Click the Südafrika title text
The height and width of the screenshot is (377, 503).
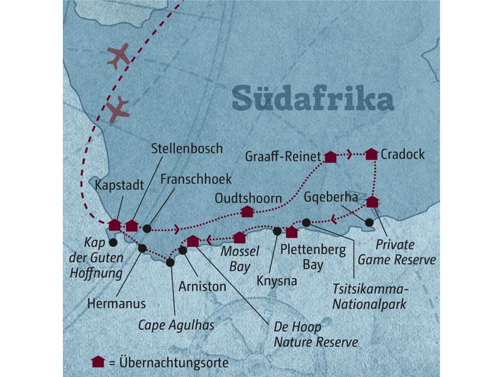(312, 99)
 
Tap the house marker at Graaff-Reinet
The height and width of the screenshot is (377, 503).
(329, 156)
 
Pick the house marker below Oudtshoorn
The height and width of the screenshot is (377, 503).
(247, 212)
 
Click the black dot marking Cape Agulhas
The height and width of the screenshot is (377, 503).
(170, 263)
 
